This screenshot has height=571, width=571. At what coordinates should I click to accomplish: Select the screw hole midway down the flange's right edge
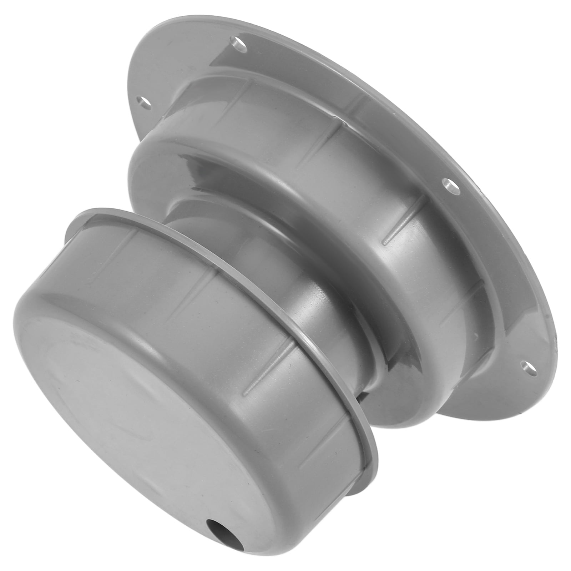[448, 185]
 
